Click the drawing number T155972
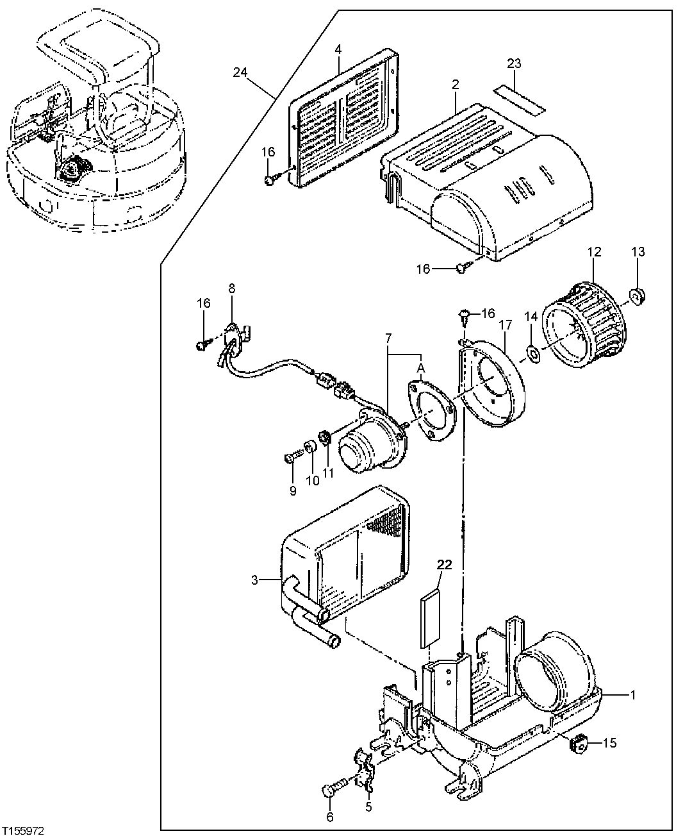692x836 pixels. point(23,830)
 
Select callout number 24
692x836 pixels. point(240,72)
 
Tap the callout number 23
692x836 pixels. point(515,63)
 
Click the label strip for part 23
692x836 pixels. point(519,99)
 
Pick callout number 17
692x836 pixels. point(504,325)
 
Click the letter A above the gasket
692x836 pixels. point(421,367)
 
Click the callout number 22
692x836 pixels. point(444,564)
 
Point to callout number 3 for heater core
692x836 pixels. point(254,580)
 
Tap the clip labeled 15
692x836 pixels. point(579,744)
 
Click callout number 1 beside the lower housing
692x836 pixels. point(633,694)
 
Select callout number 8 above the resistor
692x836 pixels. point(232,288)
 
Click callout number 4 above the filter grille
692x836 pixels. point(338,49)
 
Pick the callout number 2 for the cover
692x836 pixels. point(454,84)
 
